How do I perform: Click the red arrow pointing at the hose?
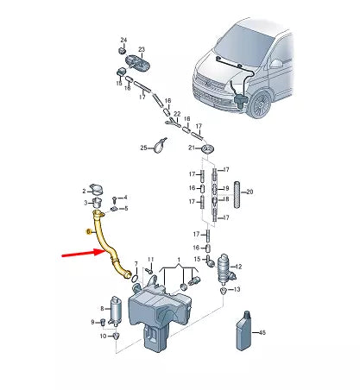tap(83, 254)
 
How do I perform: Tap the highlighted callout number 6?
tap(89, 231)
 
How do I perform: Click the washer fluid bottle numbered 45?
tap(243, 330)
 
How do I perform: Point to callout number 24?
tap(123, 40)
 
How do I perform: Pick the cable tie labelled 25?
tap(160, 146)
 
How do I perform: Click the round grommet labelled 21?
tap(208, 149)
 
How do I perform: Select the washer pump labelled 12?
tap(225, 268)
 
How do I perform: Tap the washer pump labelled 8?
tap(116, 311)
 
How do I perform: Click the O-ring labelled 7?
tap(135, 278)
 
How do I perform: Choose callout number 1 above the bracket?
tap(179, 260)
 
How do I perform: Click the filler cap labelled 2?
tap(97, 189)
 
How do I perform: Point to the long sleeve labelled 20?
tap(237, 194)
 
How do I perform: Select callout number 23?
tap(142, 49)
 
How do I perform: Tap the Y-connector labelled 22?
tap(173, 123)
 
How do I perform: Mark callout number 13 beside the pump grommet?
tap(237, 289)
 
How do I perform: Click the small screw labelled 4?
tap(115, 198)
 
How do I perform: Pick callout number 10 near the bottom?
tap(104, 336)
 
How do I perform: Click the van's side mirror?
tap(276, 64)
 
